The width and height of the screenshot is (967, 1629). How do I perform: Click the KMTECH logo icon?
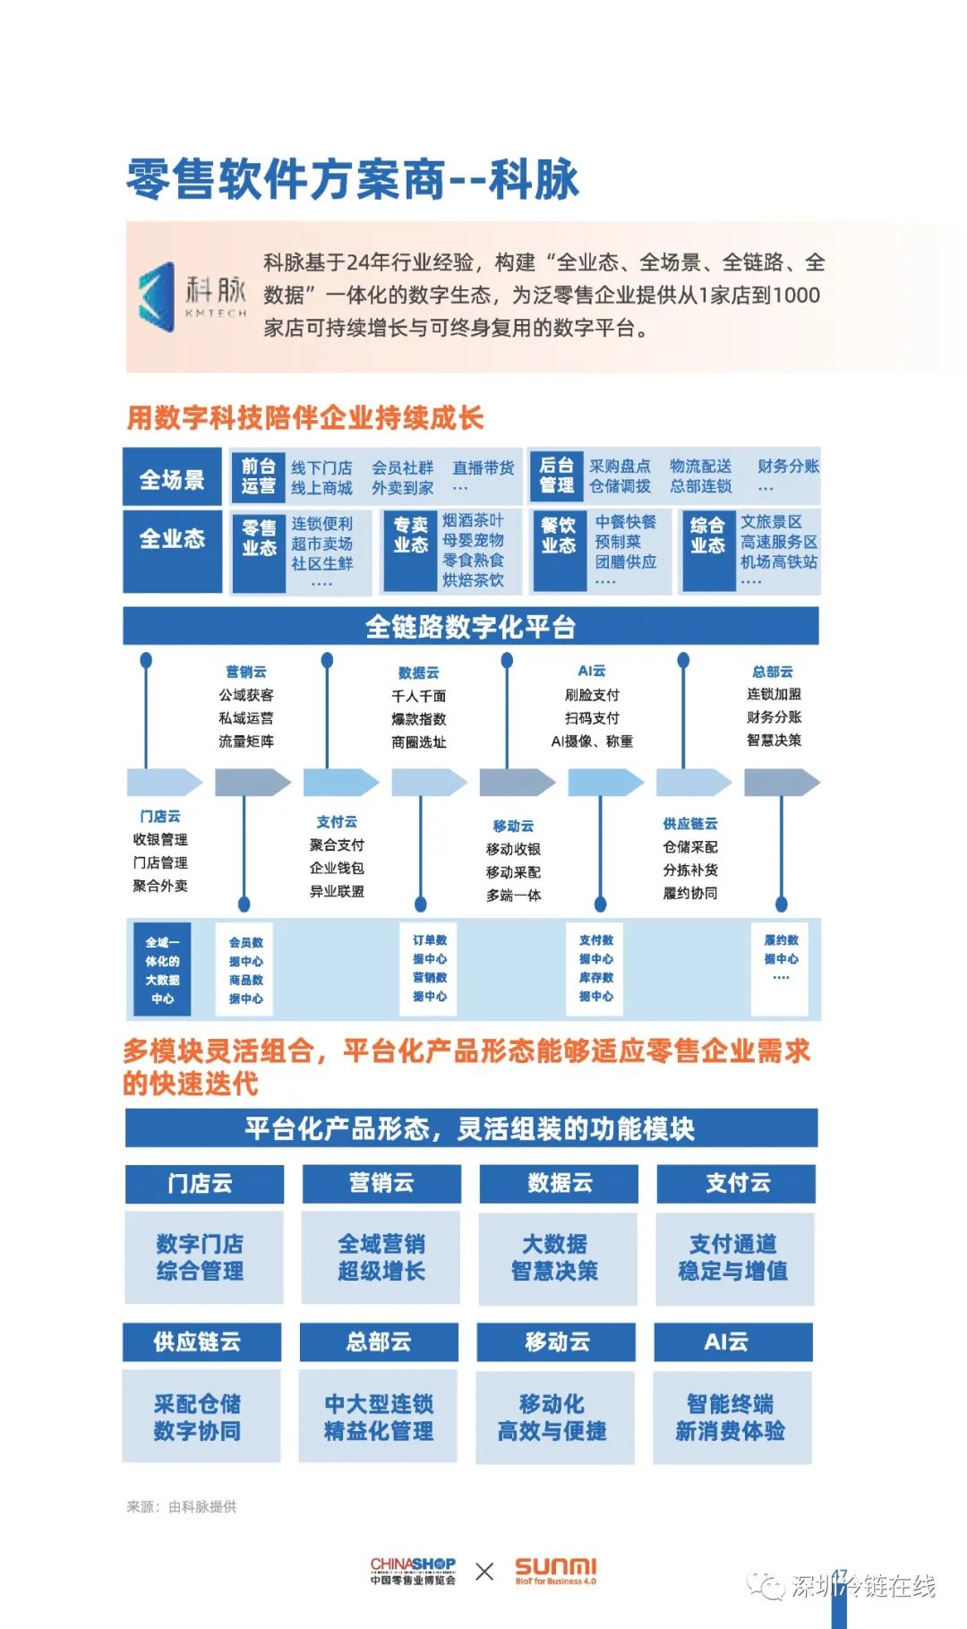point(158,296)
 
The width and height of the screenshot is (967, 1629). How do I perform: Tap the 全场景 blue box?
point(172,478)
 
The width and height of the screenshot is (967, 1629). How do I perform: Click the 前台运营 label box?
point(258,476)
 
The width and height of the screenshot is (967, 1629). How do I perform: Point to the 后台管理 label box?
point(557,476)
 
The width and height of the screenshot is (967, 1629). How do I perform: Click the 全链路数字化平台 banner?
point(471,626)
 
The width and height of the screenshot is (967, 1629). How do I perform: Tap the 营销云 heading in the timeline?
point(246,672)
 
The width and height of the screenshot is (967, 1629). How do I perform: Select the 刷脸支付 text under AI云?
point(592,695)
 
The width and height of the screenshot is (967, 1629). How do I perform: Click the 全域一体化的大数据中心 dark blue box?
point(162,970)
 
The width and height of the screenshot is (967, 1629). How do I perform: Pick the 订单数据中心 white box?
point(430,968)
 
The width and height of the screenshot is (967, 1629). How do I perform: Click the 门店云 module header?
point(204,1183)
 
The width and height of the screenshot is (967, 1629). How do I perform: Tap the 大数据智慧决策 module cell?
point(559,1257)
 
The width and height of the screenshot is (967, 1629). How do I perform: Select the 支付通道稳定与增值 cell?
point(735,1257)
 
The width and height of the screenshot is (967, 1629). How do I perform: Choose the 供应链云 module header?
point(201,1342)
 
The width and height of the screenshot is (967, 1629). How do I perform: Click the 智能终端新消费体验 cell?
point(732,1417)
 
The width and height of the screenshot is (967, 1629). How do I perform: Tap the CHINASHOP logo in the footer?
point(413,1571)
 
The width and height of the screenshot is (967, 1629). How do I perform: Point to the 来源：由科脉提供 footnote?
point(182,1507)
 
